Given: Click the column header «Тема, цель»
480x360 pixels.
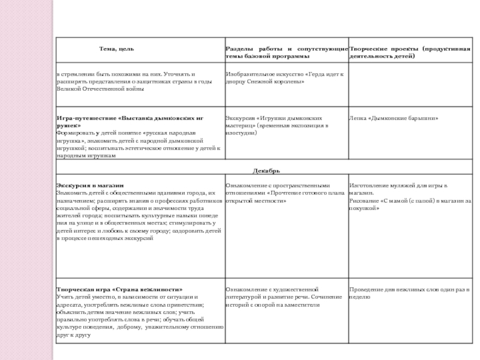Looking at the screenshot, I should coord(116,47).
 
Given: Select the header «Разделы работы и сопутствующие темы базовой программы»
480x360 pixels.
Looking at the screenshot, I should coord(286,52).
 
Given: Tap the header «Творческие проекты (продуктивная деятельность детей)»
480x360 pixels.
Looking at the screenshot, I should coord(410,52).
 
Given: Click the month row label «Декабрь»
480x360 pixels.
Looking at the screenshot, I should coord(266,171).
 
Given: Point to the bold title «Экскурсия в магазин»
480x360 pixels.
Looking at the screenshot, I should coord(89,185).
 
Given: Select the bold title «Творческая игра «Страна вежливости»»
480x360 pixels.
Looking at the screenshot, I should coord(119,289).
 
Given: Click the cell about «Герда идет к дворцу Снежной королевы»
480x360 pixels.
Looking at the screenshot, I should coord(285,77).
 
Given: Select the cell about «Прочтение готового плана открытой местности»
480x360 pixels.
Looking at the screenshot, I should coord(285,193).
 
